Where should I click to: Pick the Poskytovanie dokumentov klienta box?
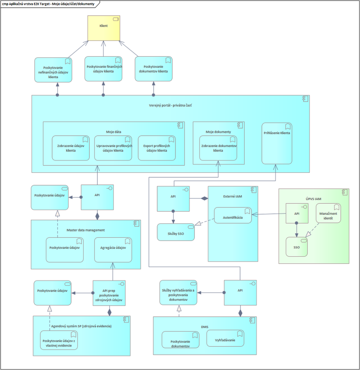tap(153, 69)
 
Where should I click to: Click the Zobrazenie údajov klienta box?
tap(71, 148)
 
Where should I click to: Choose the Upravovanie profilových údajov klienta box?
tap(113, 148)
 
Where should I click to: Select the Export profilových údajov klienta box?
tap(157, 148)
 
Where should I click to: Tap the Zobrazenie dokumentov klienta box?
tap(218, 148)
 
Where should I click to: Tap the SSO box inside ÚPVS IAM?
tap(296, 247)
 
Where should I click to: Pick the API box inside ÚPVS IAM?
tap(296, 214)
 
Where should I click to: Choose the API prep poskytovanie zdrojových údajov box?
tap(109, 293)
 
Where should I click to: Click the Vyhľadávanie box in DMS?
tap(225, 338)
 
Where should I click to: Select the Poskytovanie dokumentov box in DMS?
tap(181, 340)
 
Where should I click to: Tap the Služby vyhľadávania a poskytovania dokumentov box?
tap(178, 293)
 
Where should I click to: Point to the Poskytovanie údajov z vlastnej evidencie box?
tap(59, 340)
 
